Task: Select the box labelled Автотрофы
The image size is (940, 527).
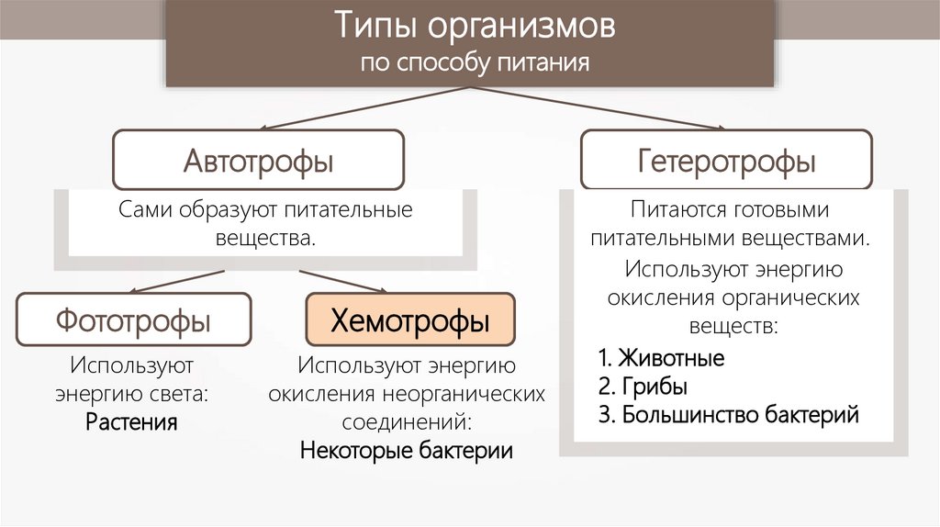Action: point(258,162)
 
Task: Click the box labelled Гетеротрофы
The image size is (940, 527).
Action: point(726,163)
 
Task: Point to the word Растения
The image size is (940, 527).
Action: point(132,423)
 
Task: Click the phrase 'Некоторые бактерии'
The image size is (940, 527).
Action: point(407,452)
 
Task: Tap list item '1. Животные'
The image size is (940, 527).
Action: point(661,357)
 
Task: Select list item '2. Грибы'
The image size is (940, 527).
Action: point(642,386)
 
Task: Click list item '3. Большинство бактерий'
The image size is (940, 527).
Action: point(728,414)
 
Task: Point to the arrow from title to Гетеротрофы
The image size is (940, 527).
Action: point(597,108)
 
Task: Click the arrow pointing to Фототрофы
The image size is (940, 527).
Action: point(174,281)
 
